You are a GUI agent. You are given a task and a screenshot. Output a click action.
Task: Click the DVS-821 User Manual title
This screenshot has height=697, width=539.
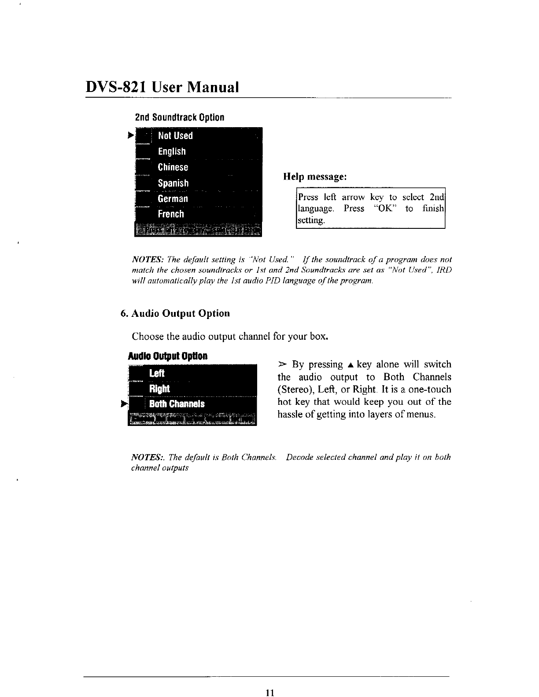coord(162,87)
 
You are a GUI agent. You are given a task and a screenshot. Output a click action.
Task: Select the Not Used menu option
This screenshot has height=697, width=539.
coord(175,136)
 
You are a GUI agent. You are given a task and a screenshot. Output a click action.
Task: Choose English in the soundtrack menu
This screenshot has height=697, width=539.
coord(172,151)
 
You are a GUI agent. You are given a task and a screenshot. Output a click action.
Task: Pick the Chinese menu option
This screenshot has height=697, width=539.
coord(173,167)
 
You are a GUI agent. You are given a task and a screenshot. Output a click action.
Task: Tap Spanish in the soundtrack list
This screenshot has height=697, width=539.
coord(173,183)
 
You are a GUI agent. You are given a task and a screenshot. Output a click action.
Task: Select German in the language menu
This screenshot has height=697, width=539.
coord(173,198)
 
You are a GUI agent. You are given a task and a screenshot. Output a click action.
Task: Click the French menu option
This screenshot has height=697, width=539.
coord(171,214)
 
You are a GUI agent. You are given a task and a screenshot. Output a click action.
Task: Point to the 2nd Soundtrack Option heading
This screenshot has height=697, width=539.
coord(179,118)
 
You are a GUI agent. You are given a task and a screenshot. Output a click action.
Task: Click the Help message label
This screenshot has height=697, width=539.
coord(315,177)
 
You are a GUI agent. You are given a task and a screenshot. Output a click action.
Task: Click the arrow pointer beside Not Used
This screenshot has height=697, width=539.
coord(130,136)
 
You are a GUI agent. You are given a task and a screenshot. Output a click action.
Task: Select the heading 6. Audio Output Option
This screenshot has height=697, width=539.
coord(175,313)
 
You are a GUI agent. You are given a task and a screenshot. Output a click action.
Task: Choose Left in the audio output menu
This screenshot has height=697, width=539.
coord(157,374)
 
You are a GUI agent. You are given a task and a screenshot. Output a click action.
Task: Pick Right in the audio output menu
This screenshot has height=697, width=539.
coord(159,389)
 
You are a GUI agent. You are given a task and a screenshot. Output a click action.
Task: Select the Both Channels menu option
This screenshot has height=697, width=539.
coord(177,404)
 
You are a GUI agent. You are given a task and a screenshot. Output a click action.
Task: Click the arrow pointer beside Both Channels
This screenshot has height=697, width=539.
coord(124,404)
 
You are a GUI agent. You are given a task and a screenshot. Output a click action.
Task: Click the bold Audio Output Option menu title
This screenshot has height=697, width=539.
coord(167,356)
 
